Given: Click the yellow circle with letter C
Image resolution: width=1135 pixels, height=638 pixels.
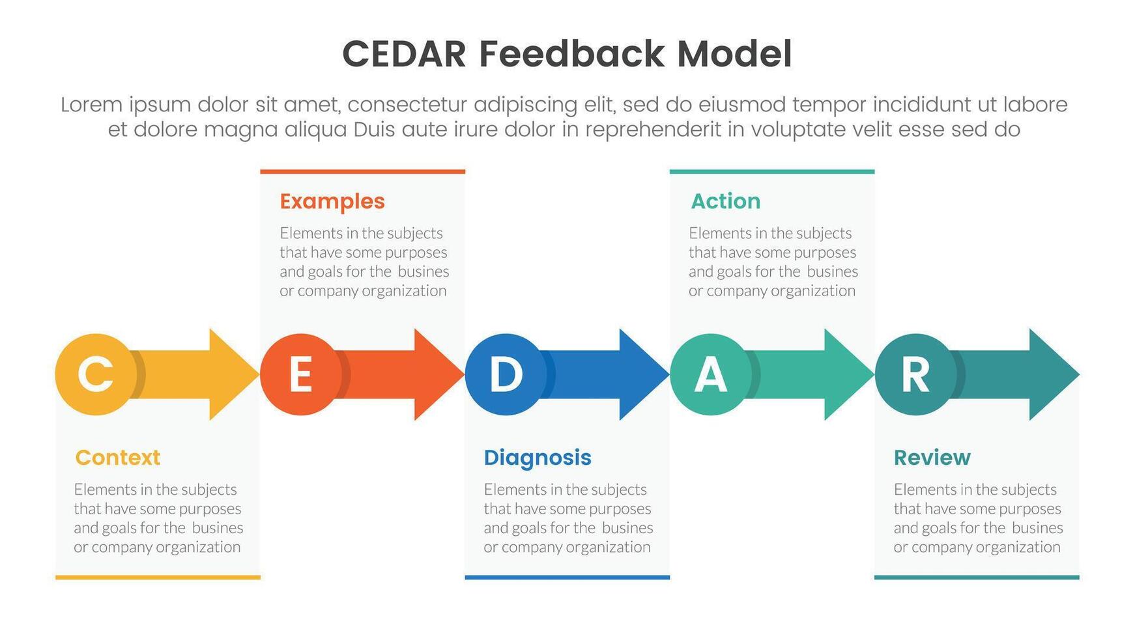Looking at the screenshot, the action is tap(96, 374).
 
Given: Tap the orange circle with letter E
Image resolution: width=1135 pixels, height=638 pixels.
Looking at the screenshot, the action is tap(300, 374).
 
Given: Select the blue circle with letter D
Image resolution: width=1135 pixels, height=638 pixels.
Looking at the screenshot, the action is tap(506, 374).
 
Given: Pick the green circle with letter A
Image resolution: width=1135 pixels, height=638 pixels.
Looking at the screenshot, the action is tap(710, 374).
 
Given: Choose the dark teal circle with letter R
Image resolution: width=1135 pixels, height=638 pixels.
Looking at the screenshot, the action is tap(915, 374).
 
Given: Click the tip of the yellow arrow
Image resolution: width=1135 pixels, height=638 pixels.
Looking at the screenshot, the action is tap(259, 374).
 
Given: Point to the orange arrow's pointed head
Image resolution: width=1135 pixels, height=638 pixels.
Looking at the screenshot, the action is tap(464, 374).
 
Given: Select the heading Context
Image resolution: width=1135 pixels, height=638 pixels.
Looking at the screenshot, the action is tap(118, 458).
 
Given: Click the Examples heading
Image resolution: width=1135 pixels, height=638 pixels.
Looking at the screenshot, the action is tap(332, 202).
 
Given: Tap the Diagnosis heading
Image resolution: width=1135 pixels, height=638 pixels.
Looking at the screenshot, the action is tap(538, 458).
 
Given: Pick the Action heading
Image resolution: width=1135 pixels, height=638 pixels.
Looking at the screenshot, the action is tap(726, 201).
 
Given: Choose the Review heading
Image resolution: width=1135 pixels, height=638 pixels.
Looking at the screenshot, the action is tap(932, 458).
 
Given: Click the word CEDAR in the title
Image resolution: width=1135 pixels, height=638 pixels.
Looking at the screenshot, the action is tap(404, 54).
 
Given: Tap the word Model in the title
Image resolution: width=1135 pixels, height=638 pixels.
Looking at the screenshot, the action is tap(735, 54).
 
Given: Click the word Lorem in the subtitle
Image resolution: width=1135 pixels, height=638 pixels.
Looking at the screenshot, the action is tap(92, 105).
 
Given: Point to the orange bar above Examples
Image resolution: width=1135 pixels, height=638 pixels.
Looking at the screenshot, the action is tap(363, 172).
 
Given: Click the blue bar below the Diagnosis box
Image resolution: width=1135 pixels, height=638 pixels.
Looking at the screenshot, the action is tap(567, 577).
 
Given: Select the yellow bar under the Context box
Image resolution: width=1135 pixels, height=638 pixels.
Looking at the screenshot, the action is tap(158, 577).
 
